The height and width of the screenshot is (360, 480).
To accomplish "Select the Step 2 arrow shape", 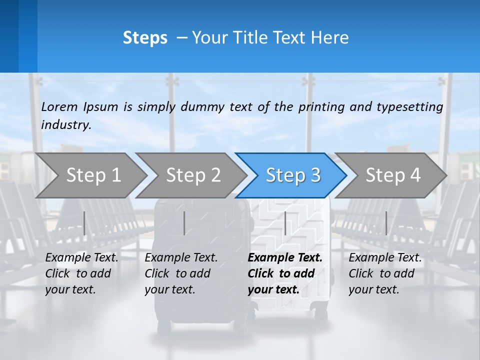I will pyautogui.click(x=192, y=175).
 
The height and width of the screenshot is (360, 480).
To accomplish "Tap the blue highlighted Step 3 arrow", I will pyautogui.click(x=292, y=175).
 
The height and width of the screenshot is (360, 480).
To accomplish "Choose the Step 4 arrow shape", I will pyautogui.click(x=392, y=175).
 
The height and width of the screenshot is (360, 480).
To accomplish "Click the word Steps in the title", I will pyautogui.click(x=145, y=38).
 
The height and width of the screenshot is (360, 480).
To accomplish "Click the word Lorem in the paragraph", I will pyautogui.click(x=59, y=106).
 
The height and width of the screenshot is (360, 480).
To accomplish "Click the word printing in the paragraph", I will pyautogui.click(x=321, y=106).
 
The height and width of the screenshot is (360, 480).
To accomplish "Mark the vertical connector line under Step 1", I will pyautogui.click(x=84, y=223).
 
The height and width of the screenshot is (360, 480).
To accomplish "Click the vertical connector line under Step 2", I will pyautogui.click(x=184, y=223).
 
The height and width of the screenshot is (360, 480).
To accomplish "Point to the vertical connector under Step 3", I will pyautogui.click(x=285, y=223).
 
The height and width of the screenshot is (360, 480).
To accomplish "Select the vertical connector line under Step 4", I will pyautogui.click(x=386, y=223).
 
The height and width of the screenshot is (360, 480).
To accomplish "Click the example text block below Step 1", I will pyautogui.click(x=81, y=273).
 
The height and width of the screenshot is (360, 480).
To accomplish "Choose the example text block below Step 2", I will pyautogui.click(x=181, y=273).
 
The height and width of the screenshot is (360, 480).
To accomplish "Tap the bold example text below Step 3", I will pyautogui.click(x=284, y=273).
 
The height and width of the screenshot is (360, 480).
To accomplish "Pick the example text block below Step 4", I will pyautogui.click(x=385, y=273).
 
